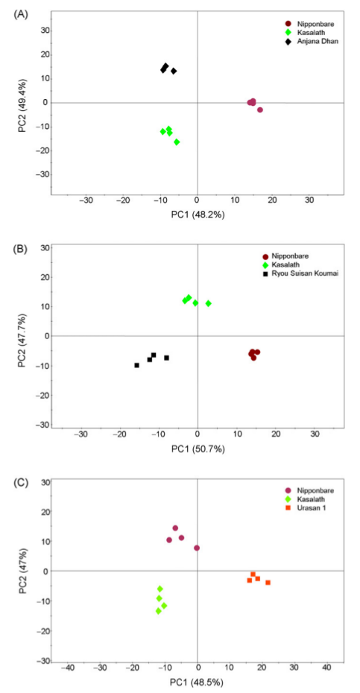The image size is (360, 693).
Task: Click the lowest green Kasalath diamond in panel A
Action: coord(177,142)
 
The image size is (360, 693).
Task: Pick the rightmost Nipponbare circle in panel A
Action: coord(260,110)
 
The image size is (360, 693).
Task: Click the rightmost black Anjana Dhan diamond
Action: coord(174,71)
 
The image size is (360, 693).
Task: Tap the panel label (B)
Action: coord(21,248)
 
